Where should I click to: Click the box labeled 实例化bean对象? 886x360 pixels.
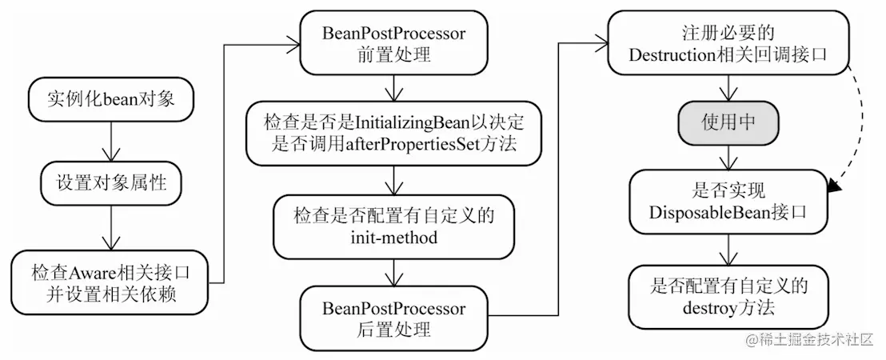pos(110,100)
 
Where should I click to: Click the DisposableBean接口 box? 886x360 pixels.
pos(728,202)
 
